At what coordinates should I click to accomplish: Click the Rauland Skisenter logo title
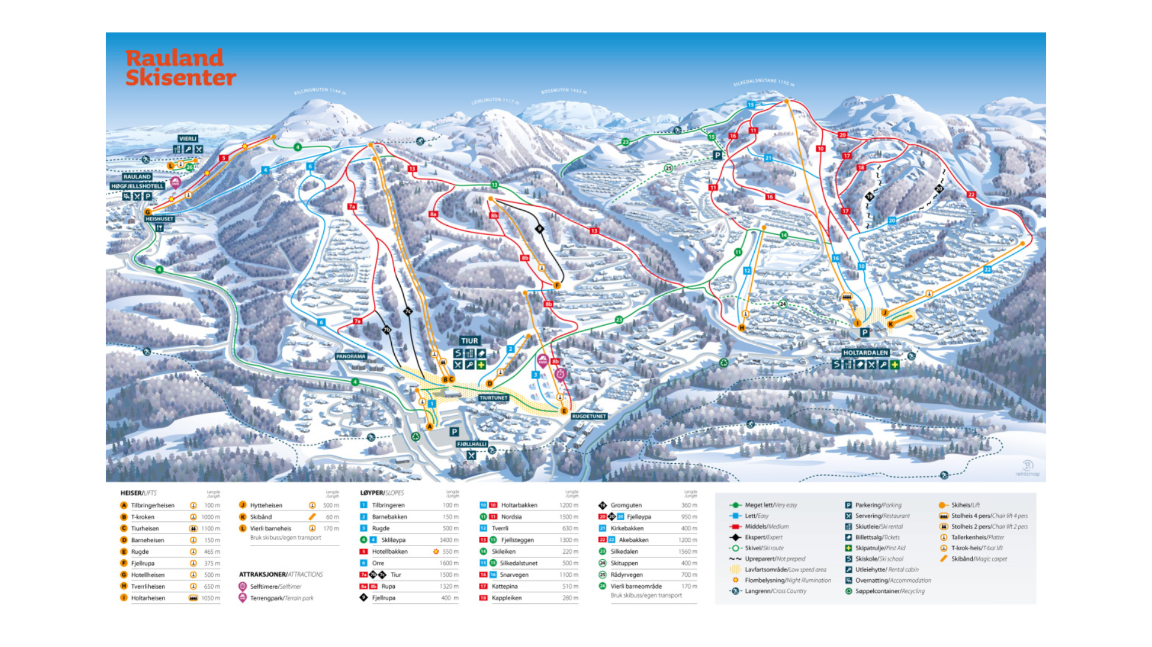tap(180, 67)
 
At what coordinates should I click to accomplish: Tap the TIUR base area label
tap(469, 341)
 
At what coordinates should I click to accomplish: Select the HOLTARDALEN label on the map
tap(865, 353)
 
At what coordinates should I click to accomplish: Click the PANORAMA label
tap(351, 356)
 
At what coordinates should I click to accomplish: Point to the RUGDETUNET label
tap(589, 416)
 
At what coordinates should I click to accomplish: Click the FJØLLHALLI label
tap(472, 444)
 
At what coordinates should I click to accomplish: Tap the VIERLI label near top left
tap(188, 139)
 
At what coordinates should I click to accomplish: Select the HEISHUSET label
tap(159, 219)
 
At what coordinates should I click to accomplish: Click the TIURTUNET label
tap(493, 398)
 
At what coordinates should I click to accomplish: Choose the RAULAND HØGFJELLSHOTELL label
tap(138, 181)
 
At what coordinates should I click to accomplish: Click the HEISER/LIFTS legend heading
tap(138, 493)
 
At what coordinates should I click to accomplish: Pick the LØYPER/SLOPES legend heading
tap(382, 493)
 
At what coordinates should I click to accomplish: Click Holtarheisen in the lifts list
tap(148, 598)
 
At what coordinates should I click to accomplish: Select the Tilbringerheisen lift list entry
tap(153, 505)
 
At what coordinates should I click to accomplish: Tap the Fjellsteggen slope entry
tap(517, 540)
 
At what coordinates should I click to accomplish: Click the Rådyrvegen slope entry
tap(626, 575)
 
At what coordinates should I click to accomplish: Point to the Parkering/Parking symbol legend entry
tap(878, 505)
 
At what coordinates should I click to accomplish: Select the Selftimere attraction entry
tap(275, 586)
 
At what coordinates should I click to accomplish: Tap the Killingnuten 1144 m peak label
tap(320, 91)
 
